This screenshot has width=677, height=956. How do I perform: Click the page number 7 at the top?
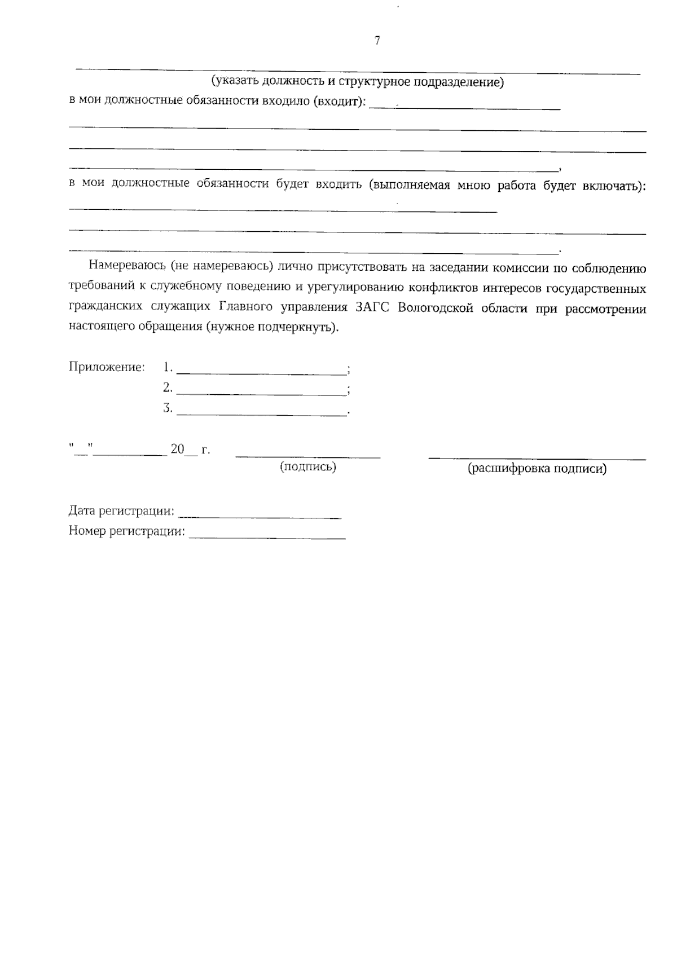pos(377,41)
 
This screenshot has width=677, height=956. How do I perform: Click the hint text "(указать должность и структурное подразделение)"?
pos(357,82)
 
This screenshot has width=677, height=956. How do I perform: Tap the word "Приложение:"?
pos(107,367)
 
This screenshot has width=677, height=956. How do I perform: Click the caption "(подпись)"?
pos(308,466)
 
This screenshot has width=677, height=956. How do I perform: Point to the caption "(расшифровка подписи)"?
pos(537,468)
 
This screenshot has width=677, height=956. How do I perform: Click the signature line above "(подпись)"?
pos(308,456)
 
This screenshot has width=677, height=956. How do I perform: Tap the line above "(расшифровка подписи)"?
pos(537,458)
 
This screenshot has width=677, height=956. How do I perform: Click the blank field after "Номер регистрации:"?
pos(267,537)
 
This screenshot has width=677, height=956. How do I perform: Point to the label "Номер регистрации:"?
pos(127,531)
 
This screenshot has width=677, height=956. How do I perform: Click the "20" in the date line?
pos(178,450)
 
